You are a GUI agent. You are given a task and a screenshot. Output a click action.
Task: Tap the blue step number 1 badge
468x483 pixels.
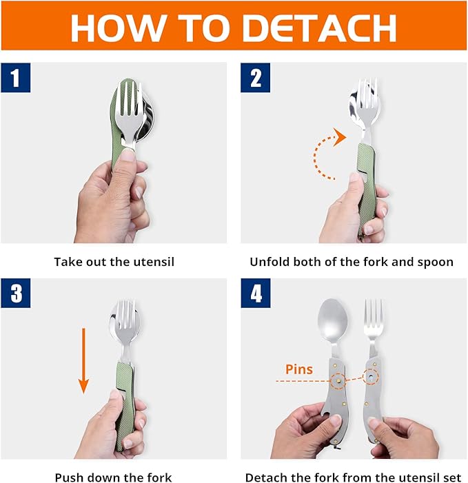point(16,78)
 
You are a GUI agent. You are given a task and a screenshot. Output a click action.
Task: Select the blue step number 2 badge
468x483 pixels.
point(256,78)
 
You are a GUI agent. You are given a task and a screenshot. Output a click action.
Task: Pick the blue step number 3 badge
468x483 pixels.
point(16,294)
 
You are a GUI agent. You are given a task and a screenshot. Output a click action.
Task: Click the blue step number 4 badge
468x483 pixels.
point(256,294)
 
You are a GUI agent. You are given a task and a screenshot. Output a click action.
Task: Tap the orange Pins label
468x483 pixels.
point(298,369)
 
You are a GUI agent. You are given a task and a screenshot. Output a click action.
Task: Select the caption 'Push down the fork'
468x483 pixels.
point(113,477)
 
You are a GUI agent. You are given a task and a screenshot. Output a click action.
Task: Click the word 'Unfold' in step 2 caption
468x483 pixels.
point(270,262)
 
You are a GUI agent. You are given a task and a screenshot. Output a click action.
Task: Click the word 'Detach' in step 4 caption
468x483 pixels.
point(265,477)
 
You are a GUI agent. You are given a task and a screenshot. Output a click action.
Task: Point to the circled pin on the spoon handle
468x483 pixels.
point(338,381)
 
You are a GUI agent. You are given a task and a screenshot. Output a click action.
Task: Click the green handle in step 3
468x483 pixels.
point(124,400)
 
